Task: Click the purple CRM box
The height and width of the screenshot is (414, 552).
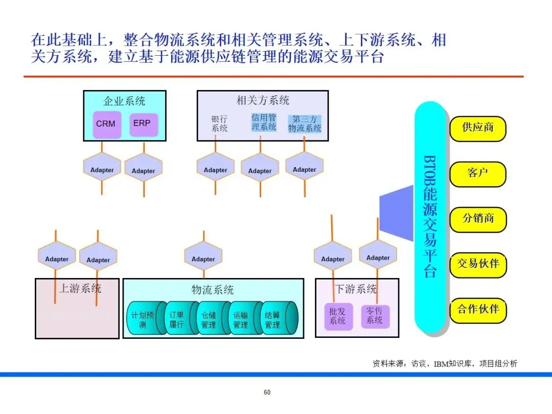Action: (x=106, y=124)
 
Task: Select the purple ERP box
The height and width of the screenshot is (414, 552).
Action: (x=143, y=124)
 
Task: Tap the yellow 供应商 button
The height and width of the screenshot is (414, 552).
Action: (x=478, y=128)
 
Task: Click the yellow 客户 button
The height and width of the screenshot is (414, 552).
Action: (x=478, y=173)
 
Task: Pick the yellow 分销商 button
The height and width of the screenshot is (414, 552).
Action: (x=478, y=218)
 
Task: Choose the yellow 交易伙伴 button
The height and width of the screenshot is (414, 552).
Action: (x=478, y=264)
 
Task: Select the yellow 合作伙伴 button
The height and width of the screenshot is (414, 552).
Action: (x=478, y=309)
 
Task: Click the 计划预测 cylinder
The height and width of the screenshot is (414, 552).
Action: (x=143, y=320)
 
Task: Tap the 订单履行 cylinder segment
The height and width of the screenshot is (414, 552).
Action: (x=176, y=320)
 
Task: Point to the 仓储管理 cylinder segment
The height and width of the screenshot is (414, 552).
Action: (x=209, y=320)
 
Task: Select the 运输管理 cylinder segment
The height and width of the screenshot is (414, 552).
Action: (x=240, y=320)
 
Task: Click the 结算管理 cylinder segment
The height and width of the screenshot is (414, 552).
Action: (x=272, y=320)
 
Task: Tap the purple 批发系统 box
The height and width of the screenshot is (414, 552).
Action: (x=338, y=316)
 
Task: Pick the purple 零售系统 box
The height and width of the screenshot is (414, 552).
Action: (x=375, y=316)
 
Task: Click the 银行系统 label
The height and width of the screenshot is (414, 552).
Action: (x=220, y=124)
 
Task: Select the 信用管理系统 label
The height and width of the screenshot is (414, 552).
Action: (x=264, y=122)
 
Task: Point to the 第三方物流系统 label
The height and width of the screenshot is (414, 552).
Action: (x=305, y=124)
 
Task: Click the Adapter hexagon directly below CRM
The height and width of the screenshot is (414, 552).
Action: (x=102, y=170)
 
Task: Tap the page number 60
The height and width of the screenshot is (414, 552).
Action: (x=267, y=393)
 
